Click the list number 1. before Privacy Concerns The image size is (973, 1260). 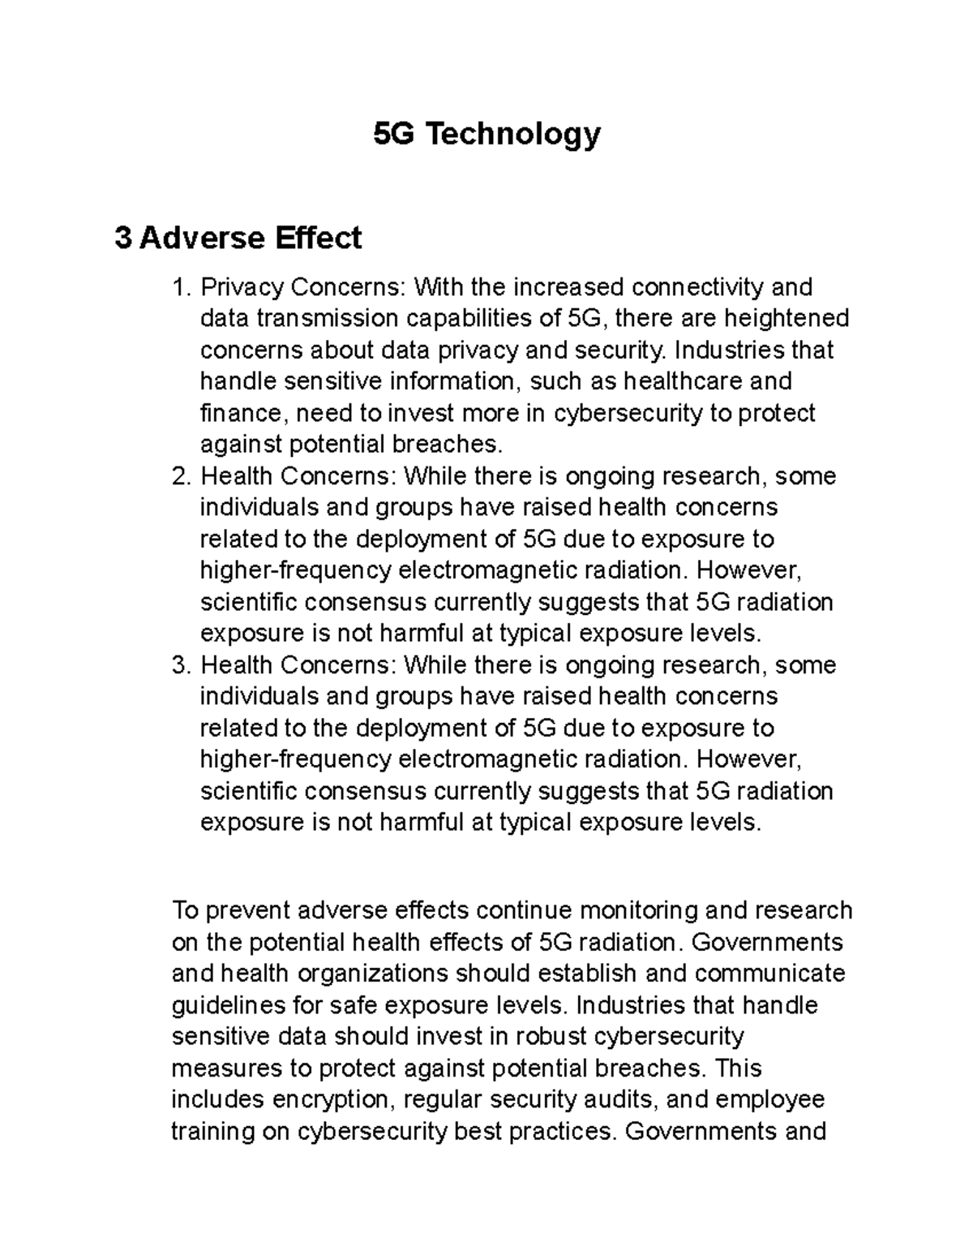click(x=182, y=287)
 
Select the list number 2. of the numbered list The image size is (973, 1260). click(x=182, y=476)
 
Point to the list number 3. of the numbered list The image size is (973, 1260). click(x=182, y=665)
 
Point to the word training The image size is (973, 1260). click(x=212, y=1132)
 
